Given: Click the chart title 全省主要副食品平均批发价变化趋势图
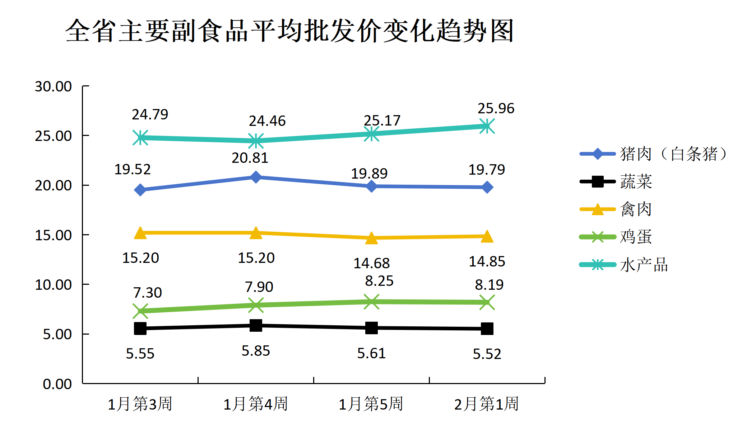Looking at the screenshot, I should [289, 31].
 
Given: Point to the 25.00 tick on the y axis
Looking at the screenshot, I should [53, 136].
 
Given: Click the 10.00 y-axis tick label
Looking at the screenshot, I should [53, 285].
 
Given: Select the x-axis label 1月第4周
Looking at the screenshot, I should [255, 404].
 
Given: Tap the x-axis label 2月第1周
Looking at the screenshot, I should [486, 404].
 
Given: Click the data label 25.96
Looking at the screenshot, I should [496, 108].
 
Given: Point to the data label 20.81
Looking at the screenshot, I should [250, 158].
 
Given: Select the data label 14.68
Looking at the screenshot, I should [371, 263].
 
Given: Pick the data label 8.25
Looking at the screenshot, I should [379, 281].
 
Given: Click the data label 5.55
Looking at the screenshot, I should [140, 354].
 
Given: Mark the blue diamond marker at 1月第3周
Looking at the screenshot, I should [140, 190].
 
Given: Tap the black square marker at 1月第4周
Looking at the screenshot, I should [256, 326].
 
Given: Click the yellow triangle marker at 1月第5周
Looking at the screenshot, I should [371, 238].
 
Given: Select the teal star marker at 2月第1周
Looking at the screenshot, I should [487, 126].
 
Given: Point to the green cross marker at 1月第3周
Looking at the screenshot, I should [140, 311].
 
